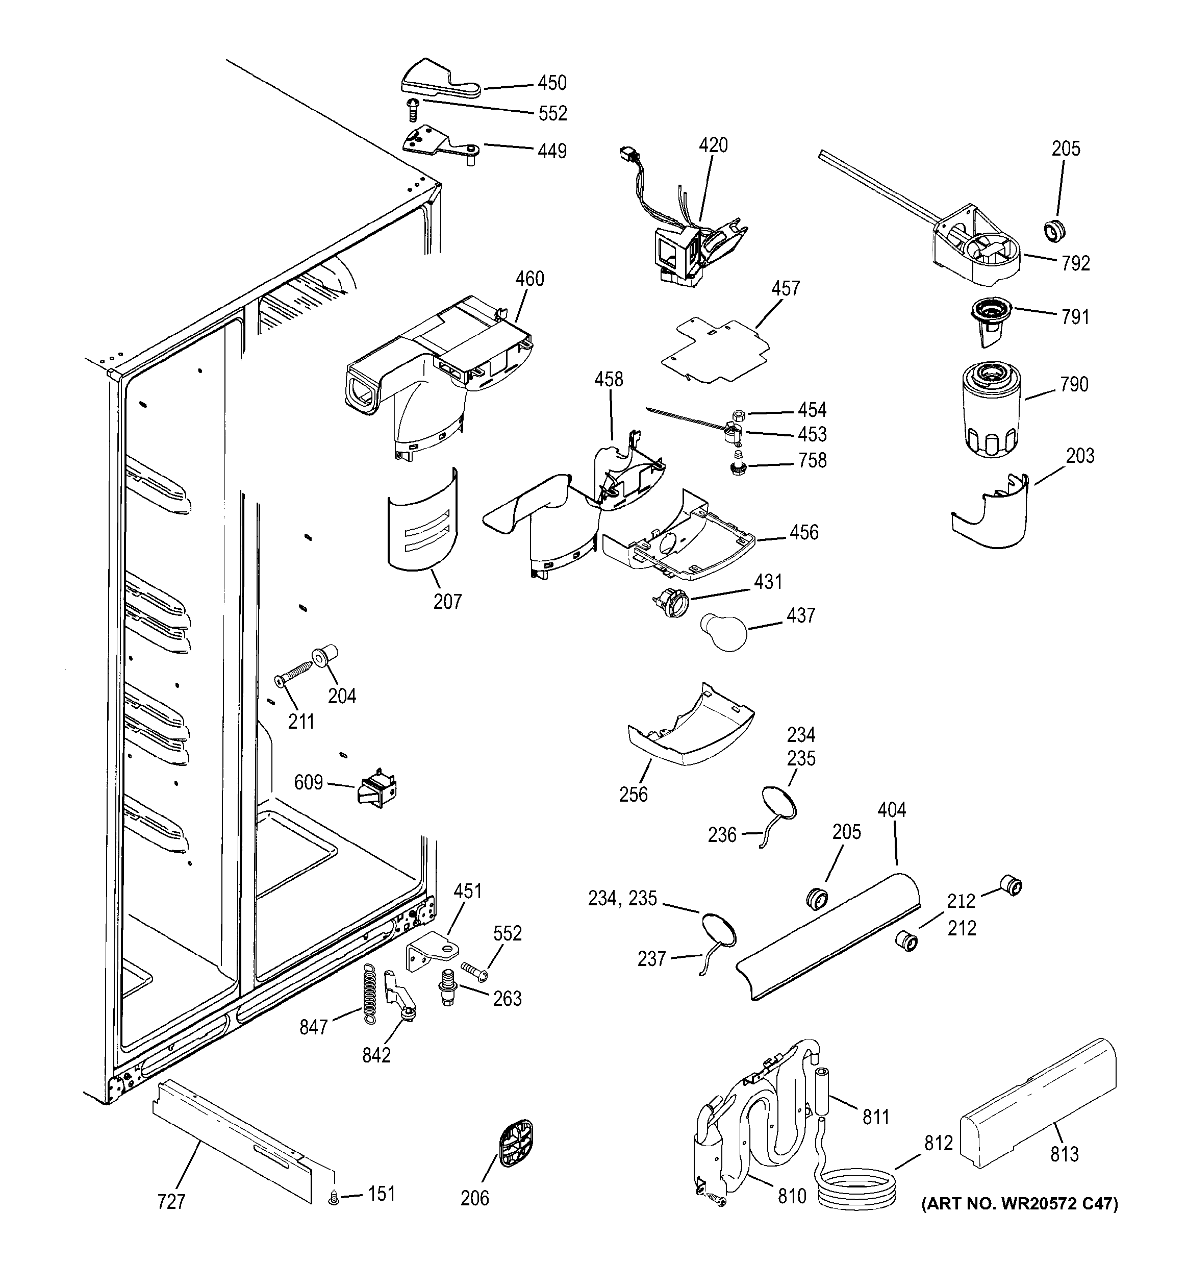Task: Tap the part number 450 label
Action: pos(552,83)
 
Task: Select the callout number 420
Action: pos(713,145)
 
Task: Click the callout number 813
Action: pos(1064,1153)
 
